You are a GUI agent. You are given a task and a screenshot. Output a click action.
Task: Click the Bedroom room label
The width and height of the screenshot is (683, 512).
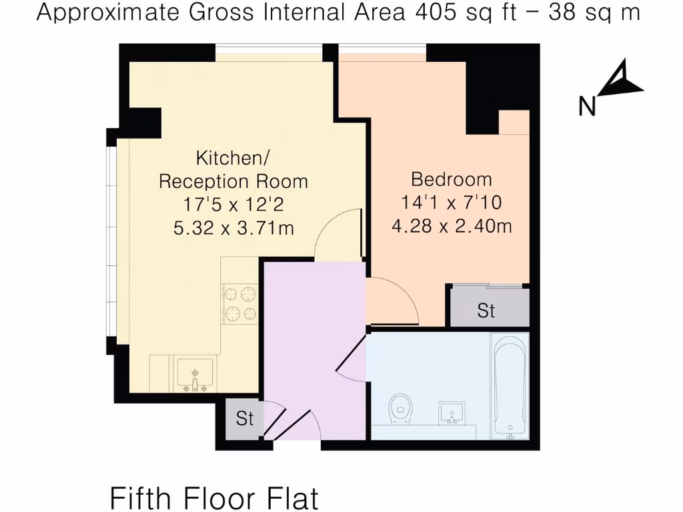(452, 179)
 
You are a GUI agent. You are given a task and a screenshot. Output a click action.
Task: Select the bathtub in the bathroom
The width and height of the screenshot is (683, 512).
(510, 387)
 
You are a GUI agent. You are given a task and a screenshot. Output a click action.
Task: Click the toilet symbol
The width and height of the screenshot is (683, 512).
(400, 407)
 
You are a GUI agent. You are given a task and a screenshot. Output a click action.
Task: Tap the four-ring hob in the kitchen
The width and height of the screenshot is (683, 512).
(241, 303)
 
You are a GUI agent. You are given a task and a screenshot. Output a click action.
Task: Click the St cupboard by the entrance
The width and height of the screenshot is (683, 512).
(245, 419)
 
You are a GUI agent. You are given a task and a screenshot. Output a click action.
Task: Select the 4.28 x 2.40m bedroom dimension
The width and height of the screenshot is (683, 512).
(452, 226)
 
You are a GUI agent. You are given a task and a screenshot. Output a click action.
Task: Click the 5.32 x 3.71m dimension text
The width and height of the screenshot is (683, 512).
(233, 228)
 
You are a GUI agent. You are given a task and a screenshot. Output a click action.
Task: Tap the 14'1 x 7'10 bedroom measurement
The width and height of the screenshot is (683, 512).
(452, 203)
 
